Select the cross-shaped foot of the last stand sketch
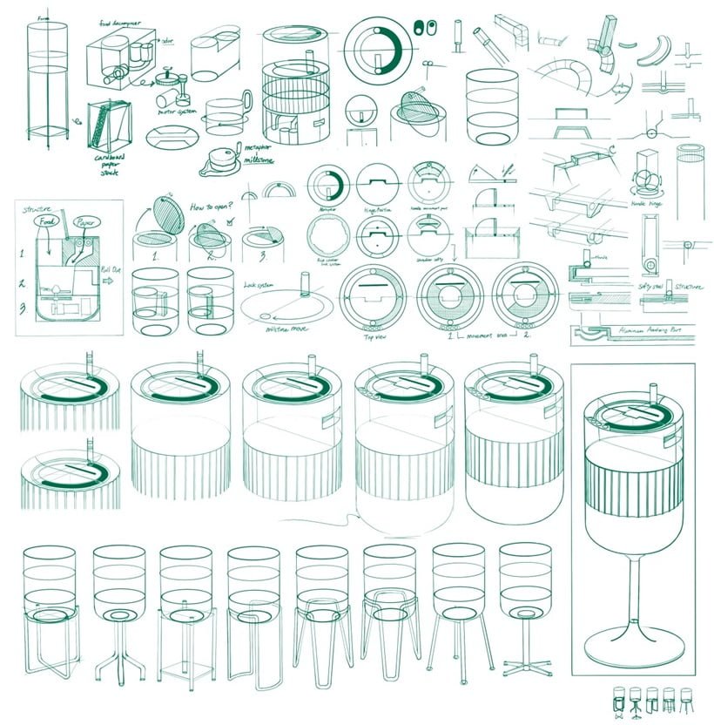pos(520,668)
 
